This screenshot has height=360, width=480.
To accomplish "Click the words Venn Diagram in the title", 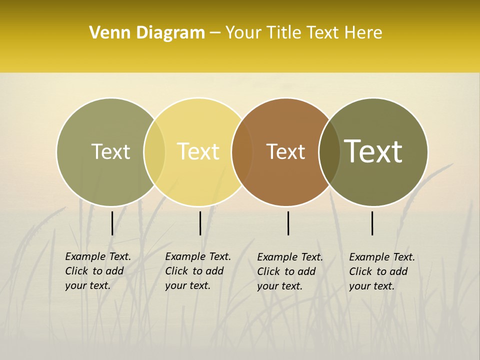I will point(147,33).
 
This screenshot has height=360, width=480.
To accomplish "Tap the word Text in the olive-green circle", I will point(110,151).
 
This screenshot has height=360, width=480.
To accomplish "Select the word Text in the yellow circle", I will point(198,151).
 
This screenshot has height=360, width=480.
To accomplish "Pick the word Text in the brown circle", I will point(285,151).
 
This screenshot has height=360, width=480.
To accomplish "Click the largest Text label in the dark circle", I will point(373,151).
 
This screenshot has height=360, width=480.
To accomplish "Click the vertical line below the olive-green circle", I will point(112,223).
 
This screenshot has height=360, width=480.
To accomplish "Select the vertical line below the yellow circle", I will point(200,223).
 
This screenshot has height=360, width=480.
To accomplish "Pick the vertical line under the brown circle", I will point(288,223).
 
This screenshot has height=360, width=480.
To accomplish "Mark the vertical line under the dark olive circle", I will point(372,223).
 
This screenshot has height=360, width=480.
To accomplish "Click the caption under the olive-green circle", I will point(98,271).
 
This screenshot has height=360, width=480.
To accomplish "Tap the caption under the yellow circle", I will point(198,271).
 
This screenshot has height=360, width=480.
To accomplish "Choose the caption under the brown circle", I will point(290,271).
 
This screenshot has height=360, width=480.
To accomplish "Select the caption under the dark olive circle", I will point(382,271).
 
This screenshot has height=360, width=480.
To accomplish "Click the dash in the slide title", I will point(215,33).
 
